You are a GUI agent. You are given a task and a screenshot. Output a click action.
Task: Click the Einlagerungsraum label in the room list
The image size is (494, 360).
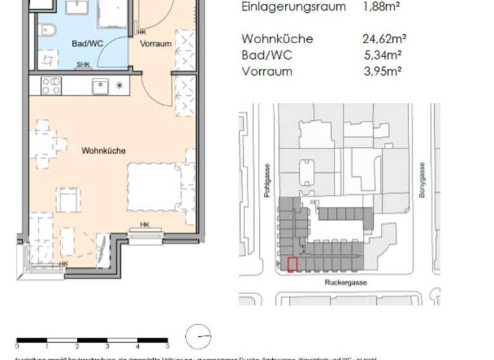[x=293, y=7]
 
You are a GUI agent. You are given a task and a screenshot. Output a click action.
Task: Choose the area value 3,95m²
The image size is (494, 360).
[x=383, y=71]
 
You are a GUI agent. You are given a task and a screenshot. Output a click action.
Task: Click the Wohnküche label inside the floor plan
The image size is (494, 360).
[x=103, y=150]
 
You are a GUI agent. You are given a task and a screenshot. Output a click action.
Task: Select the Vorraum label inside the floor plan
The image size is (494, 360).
[x=156, y=44]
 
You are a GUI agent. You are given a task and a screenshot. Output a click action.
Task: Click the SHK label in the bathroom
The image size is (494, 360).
[x=84, y=64]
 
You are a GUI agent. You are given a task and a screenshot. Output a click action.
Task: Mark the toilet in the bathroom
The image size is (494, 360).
[x=46, y=30]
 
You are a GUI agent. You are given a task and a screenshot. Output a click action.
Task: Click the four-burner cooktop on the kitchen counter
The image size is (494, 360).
[x=51, y=85]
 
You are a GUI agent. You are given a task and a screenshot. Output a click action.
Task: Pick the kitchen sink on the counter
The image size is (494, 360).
[x=101, y=85]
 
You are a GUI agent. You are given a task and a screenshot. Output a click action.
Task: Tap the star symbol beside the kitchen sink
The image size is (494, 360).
[x=119, y=85]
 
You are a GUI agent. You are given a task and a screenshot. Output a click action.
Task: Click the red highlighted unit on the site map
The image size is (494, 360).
[x=292, y=264]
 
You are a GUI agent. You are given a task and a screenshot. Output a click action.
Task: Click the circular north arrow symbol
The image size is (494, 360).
[x=197, y=337]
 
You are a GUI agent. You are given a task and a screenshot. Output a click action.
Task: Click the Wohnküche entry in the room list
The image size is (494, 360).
[x=268, y=39]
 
